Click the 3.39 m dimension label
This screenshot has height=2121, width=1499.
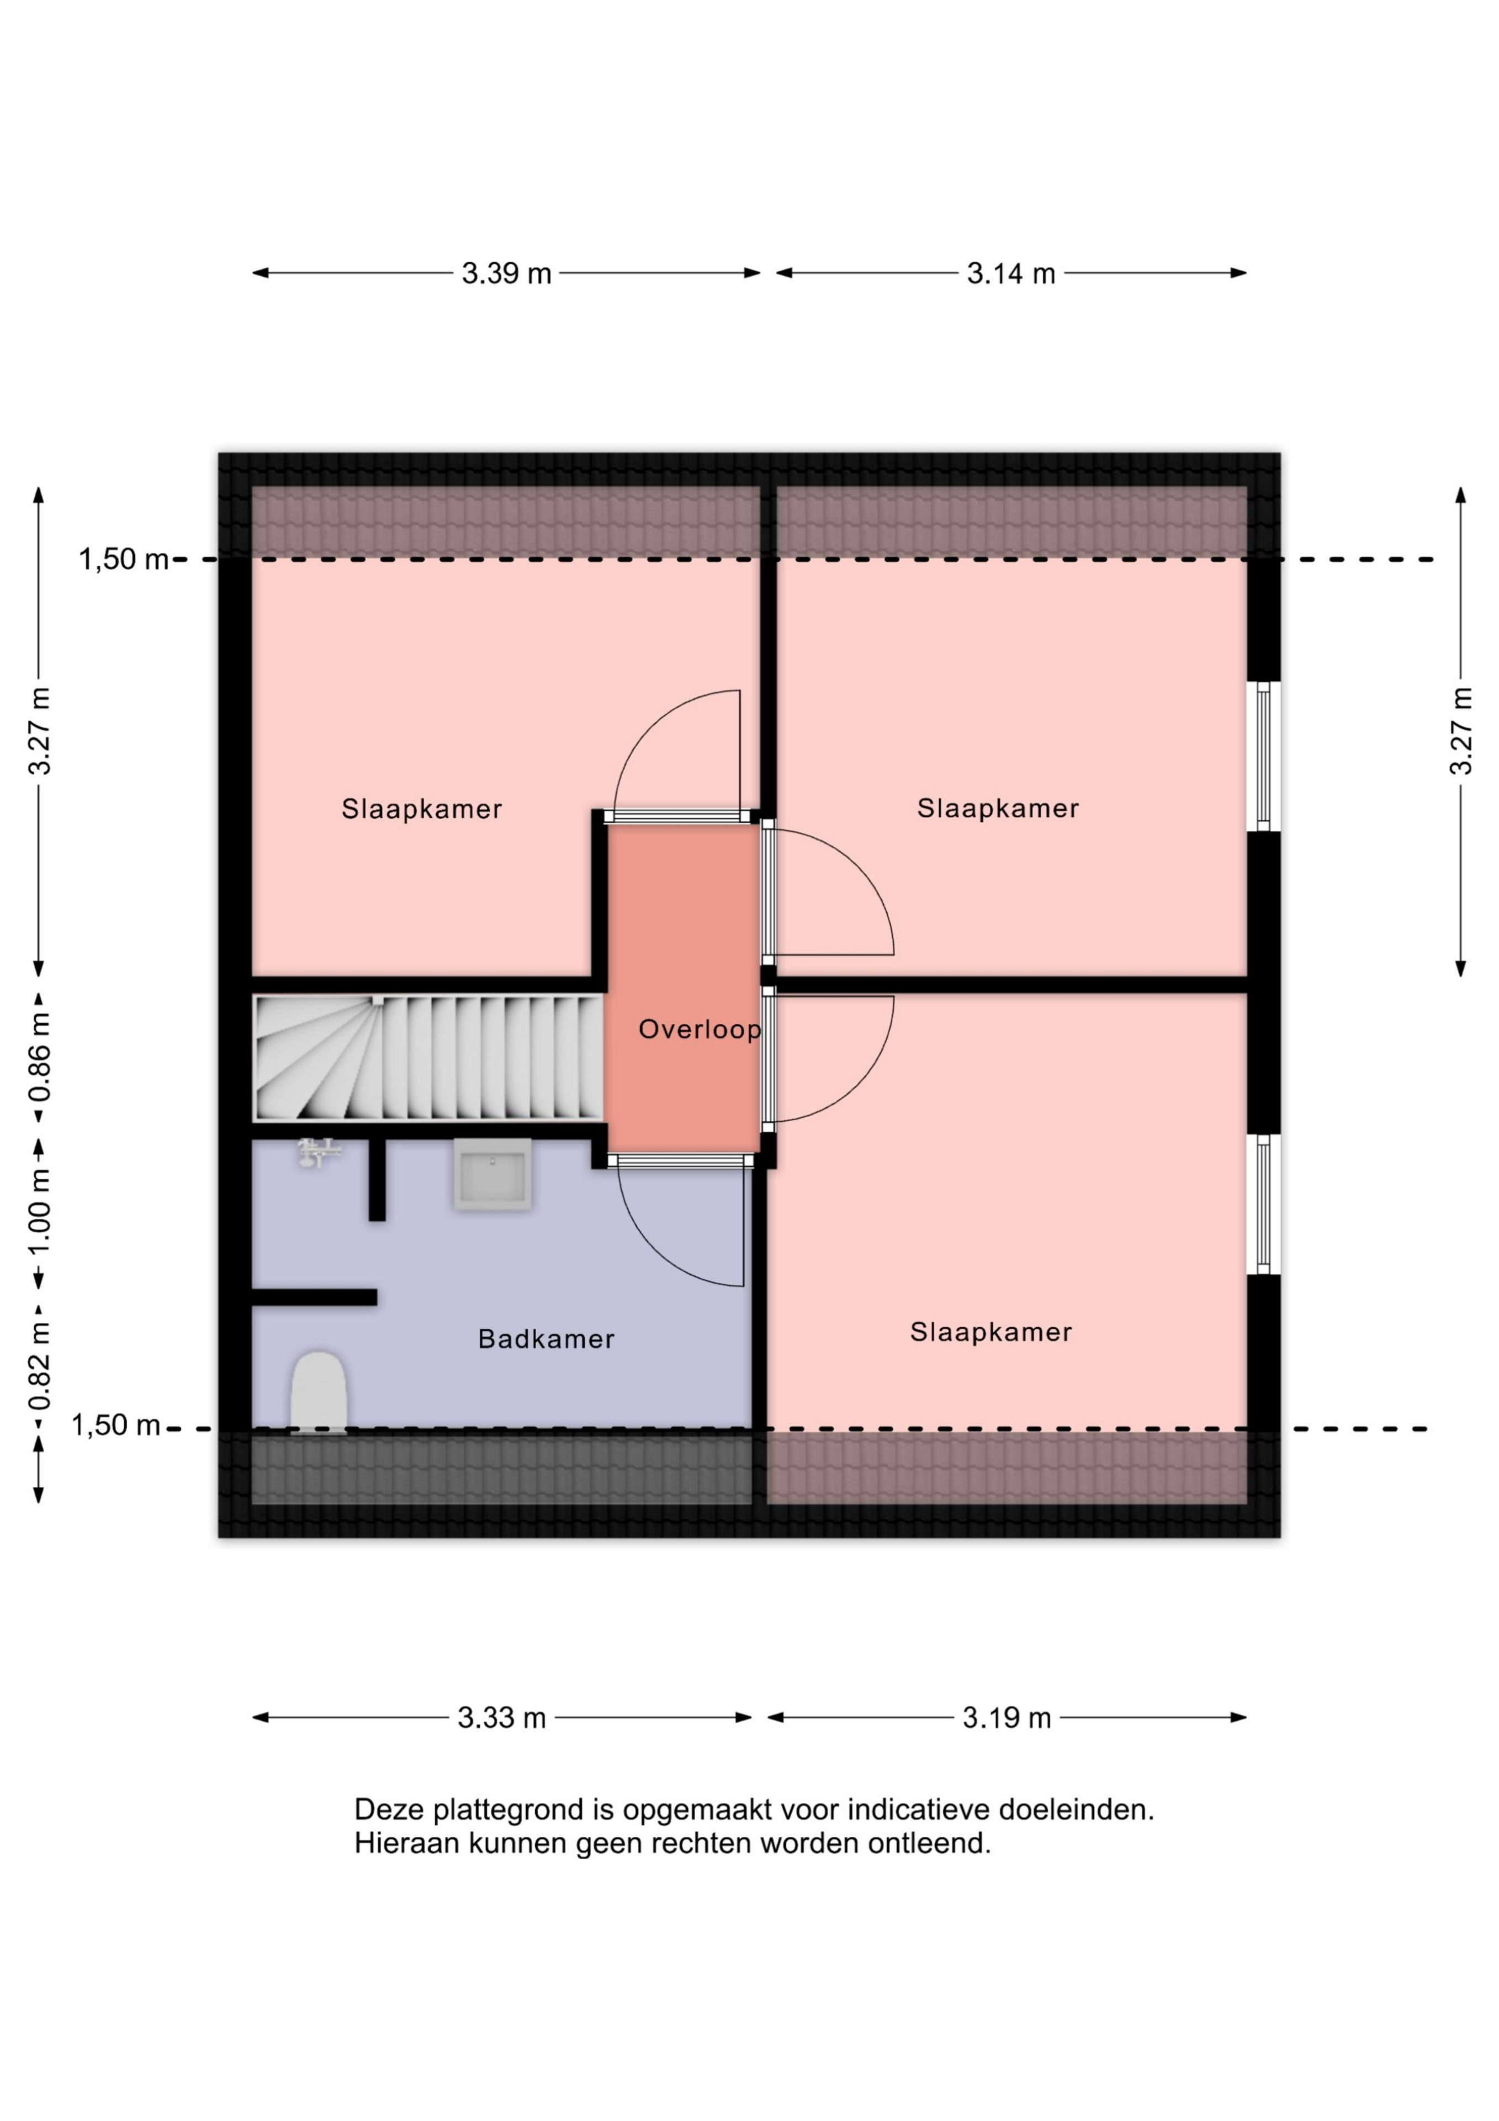pyautogui.click(x=506, y=273)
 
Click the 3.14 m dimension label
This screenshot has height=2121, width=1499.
pyautogui.click(x=1010, y=273)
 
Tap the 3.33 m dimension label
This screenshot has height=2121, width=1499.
pyautogui.click(x=501, y=1717)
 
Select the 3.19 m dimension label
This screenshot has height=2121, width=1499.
pyautogui.click(x=1007, y=1717)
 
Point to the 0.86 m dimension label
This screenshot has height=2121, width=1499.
pyautogui.click(x=40, y=1057)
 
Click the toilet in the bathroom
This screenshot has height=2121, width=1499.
pyautogui.click(x=319, y=1392)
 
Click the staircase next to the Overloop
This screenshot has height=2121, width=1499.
pyautogui.click(x=428, y=1058)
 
